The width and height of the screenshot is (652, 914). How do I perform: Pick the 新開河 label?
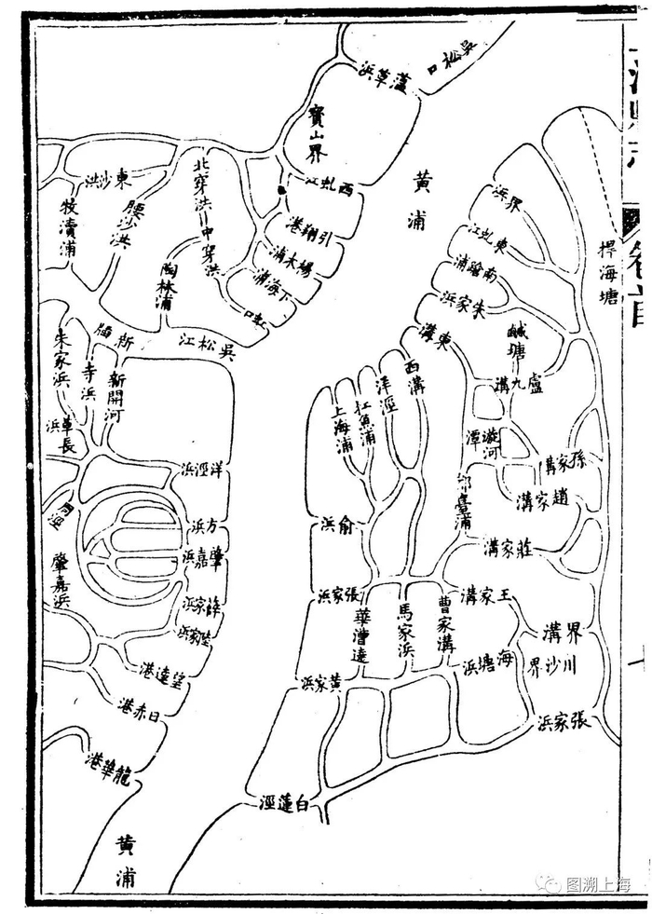coord(115,397)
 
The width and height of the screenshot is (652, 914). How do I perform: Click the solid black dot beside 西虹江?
coord(279,191)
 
